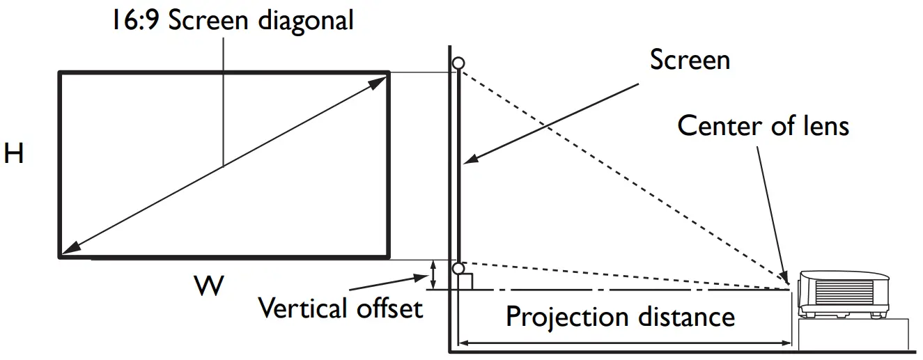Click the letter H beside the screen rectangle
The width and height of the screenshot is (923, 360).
click(14, 154)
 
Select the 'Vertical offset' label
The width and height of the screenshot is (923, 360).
click(340, 306)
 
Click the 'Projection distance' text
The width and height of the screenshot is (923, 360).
click(620, 317)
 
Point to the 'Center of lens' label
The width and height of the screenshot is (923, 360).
click(763, 126)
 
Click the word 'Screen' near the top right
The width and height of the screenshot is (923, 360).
click(690, 60)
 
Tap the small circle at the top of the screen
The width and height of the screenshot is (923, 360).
click(458, 63)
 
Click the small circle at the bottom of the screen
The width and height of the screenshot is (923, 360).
click(458, 268)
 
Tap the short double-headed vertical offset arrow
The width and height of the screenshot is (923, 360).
click(433, 274)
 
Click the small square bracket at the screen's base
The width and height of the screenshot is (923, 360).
click(467, 281)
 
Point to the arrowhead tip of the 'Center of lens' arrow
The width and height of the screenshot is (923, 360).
click(787, 283)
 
